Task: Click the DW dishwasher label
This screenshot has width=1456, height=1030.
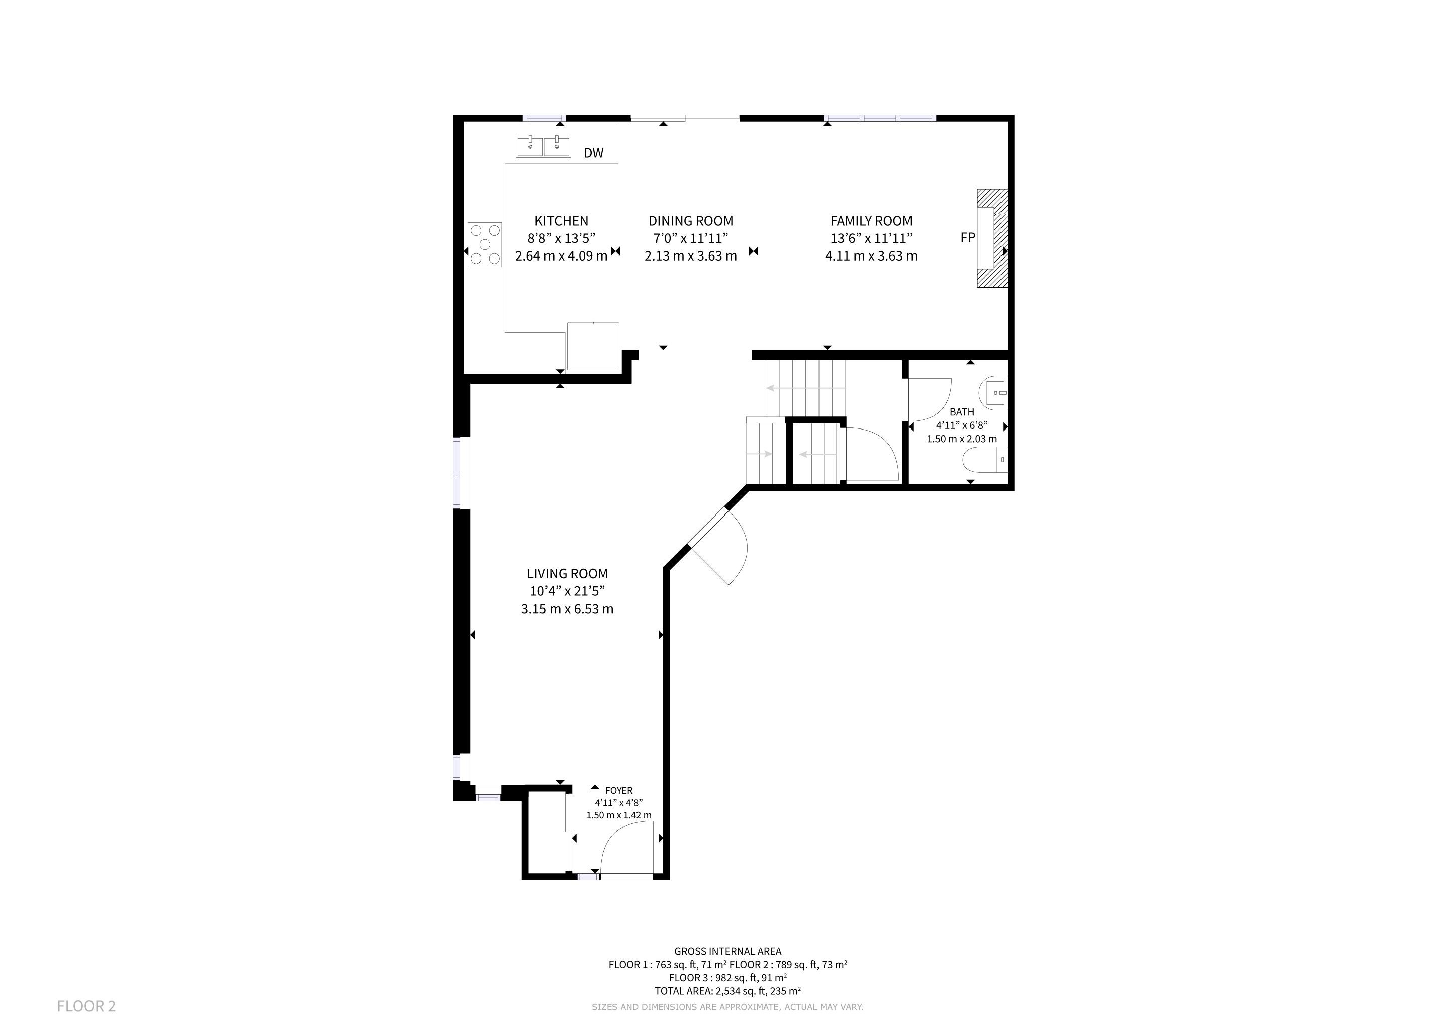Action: tap(594, 153)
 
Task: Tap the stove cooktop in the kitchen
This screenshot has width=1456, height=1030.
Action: tap(485, 244)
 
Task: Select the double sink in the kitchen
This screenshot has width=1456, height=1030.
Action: tap(543, 146)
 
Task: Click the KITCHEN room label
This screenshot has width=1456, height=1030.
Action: tap(561, 221)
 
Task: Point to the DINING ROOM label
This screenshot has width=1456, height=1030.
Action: tap(691, 221)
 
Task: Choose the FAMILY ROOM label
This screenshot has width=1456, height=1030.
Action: tap(871, 221)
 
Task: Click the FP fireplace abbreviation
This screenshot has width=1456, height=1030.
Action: tap(968, 238)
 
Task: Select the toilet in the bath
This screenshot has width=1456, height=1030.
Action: tap(985, 460)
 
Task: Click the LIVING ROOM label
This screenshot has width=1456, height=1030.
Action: tap(568, 573)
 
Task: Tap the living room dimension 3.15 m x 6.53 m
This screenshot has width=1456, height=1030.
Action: tap(568, 609)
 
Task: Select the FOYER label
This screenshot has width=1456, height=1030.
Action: tap(619, 790)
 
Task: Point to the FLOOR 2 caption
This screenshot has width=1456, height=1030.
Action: tap(86, 1006)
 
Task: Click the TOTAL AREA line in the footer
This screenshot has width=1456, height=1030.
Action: tap(727, 991)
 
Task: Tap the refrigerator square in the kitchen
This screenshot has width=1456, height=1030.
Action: tap(593, 347)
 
